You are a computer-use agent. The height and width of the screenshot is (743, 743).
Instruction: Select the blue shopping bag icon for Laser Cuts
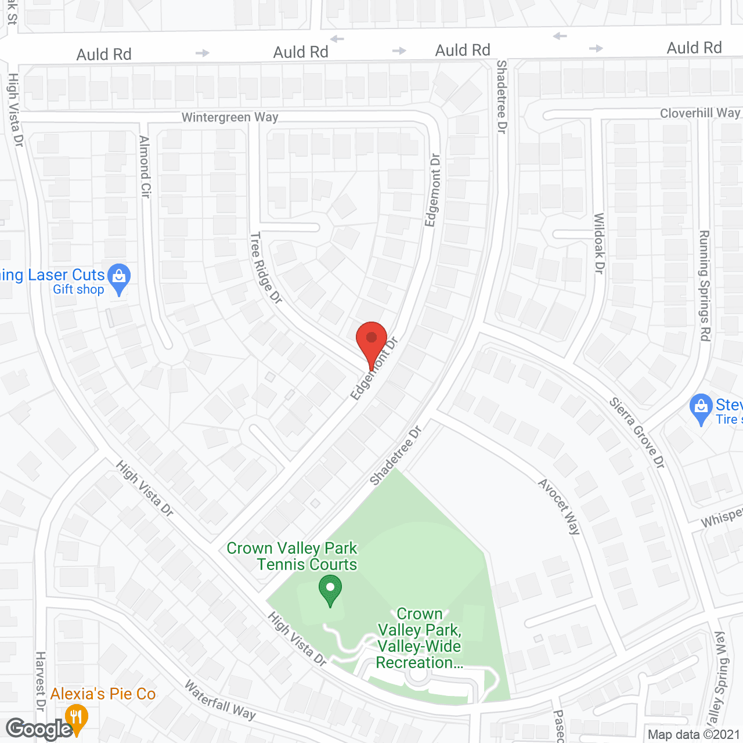(x=119, y=277)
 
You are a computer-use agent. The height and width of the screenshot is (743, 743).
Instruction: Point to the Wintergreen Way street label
(x=230, y=117)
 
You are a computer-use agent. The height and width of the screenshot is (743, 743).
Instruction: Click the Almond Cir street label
(x=145, y=167)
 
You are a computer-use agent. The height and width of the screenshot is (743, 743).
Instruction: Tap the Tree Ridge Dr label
(x=266, y=268)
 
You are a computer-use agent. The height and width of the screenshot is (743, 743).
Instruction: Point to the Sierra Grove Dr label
(x=637, y=432)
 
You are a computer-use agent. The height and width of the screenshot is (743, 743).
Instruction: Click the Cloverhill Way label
(x=699, y=113)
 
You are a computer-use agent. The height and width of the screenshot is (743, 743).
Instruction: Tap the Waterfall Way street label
(x=220, y=700)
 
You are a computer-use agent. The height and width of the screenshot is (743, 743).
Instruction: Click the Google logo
(x=39, y=729)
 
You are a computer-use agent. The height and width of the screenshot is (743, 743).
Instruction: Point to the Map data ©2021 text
(x=694, y=734)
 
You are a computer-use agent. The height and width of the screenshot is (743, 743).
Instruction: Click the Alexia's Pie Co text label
(x=103, y=694)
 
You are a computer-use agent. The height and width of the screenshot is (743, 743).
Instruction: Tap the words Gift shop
(x=78, y=289)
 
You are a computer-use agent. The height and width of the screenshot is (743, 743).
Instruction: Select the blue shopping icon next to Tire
(x=701, y=408)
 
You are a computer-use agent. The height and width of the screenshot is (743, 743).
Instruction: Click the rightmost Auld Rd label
(x=694, y=48)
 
